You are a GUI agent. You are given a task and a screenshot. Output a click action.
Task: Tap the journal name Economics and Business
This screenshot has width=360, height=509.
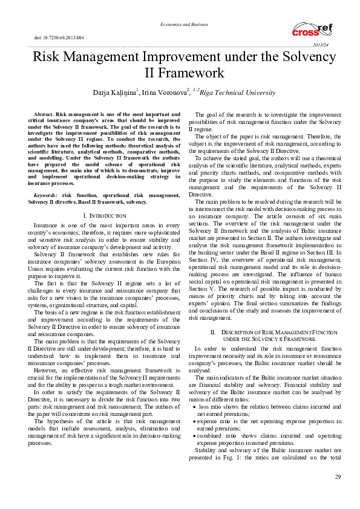pyautogui.click(x=180, y=24)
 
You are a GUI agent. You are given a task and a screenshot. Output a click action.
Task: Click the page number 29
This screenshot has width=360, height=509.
pyautogui.click(x=338, y=495)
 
